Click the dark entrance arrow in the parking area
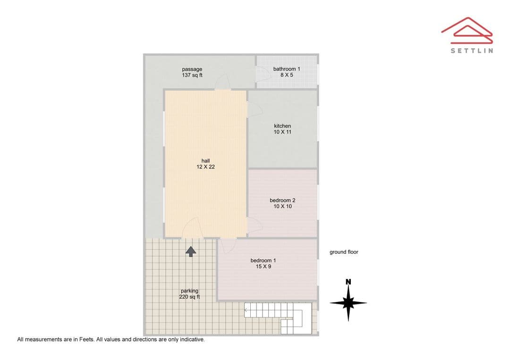point(191,251)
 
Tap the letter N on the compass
point(348,282)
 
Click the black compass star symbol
point(348,303)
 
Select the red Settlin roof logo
point(467,30)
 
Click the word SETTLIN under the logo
point(472,50)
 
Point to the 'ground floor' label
point(344,252)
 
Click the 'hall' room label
point(205,161)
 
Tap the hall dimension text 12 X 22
point(205,167)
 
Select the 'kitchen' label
point(282,126)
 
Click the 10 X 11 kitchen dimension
point(282,132)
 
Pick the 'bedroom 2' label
point(282,200)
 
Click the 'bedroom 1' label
point(263,260)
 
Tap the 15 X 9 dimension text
point(263,267)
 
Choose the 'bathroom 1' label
point(287,69)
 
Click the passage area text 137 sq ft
point(192,75)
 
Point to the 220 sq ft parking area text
point(189,297)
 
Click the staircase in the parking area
point(279,318)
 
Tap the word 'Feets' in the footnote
point(87,339)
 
